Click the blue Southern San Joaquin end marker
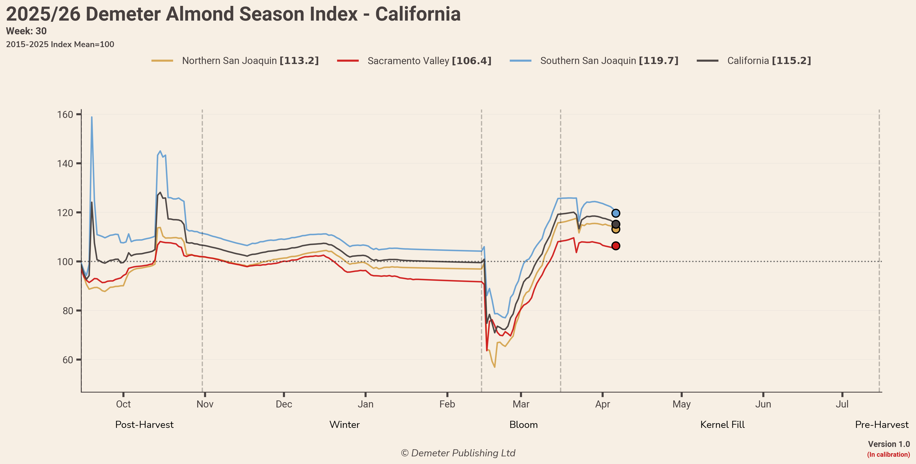[616, 213]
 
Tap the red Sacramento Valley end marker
[616, 246]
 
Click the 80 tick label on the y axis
[68, 311]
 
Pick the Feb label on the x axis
[447, 404]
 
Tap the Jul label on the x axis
[842, 404]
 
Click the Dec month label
[284, 404]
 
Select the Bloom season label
[523, 425]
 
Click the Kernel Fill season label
[722, 425]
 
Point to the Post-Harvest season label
[144, 425]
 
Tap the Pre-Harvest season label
[881, 425]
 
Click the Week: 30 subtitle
[26, 31]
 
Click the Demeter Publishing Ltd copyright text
[458, 453]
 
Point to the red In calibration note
[888, 454]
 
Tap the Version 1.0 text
[889, 444]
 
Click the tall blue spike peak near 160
[92, 117]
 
